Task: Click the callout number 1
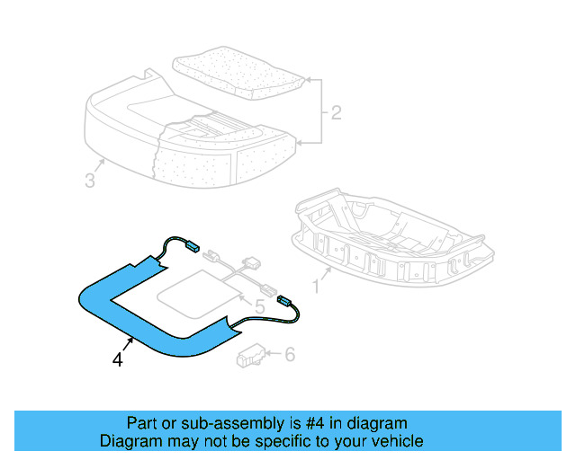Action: (x=316, y=287)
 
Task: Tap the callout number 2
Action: (x=335, y=114)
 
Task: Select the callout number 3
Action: (x=89, y=181)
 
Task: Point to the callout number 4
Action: (x=117, y=360)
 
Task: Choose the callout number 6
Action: (x=289, y=356)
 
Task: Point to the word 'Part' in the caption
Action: (x=142, y=423)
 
